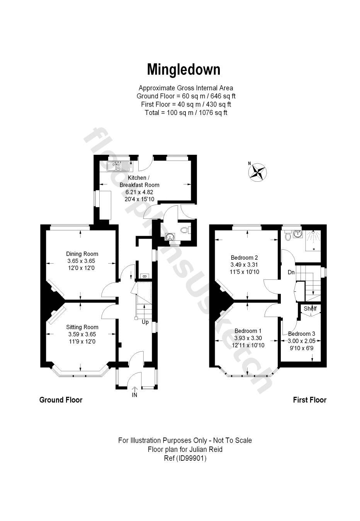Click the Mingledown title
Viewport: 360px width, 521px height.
183,69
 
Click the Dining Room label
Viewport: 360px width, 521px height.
82,254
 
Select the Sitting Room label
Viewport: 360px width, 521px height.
82,327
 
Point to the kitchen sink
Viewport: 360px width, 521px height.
118,166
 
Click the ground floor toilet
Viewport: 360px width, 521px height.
185,230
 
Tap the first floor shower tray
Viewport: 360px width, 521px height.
313,240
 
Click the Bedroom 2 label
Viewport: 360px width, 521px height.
244,257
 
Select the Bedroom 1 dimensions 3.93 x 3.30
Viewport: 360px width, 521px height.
248,338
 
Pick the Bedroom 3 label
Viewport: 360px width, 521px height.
301,334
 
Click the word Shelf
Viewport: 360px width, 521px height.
310,308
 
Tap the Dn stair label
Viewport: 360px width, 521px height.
291,272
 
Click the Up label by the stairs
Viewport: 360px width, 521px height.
145,322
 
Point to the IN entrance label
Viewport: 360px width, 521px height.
134,395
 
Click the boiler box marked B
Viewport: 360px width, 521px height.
144,276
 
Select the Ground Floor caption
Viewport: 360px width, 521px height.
61,400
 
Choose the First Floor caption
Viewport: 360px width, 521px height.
309,400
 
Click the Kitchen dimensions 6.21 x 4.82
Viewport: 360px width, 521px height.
139,192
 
